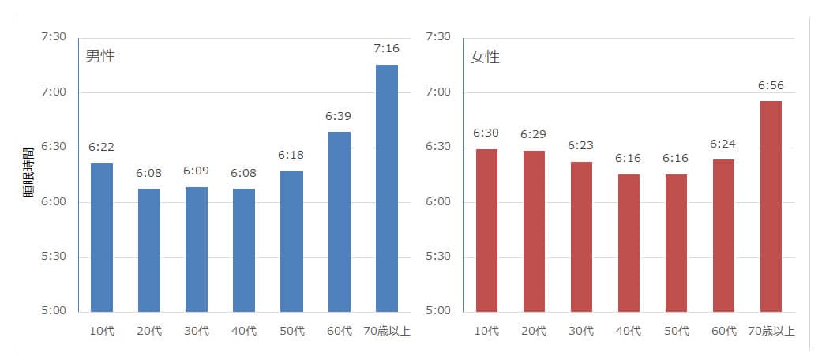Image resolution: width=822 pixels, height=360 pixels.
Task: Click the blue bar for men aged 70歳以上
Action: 386,188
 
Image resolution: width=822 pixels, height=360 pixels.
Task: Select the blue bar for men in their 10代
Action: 102,237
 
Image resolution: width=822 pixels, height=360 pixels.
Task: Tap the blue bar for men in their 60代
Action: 339,221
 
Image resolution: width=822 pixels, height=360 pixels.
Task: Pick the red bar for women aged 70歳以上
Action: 770,206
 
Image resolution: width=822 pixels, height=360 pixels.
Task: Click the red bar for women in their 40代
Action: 629,242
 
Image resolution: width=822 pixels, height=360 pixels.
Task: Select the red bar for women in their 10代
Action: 486,230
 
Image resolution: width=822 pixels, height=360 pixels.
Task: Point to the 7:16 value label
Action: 386,49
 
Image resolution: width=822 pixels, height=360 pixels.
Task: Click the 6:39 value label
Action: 339,116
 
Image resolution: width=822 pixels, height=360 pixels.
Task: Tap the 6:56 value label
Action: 770,85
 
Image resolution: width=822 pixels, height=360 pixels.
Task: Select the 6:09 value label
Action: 197,171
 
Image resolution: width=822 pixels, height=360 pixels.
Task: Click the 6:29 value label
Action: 534,134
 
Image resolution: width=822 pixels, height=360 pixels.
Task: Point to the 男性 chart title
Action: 100,57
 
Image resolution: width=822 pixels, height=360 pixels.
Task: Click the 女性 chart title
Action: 485,57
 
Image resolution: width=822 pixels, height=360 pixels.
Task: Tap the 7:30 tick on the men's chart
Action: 54,37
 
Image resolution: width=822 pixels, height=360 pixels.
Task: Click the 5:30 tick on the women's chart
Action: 437,257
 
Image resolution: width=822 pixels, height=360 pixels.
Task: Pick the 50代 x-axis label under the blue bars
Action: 291,331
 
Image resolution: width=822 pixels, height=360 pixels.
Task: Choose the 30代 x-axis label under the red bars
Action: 581,331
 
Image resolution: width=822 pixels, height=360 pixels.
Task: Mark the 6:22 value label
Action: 102,147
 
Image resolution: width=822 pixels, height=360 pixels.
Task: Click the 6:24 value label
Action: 723,144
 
